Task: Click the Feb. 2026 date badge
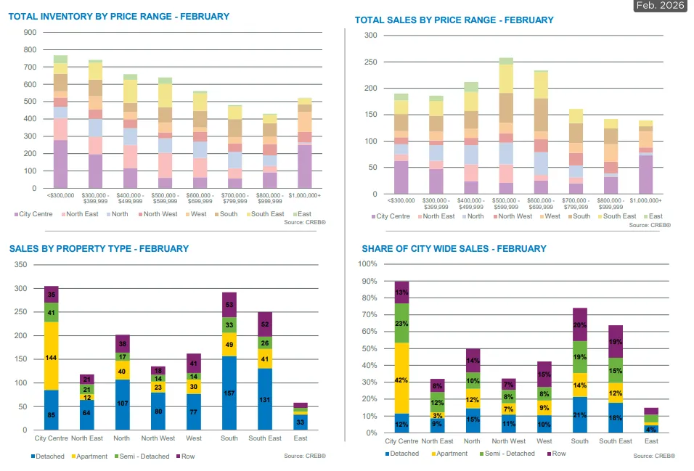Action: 659,6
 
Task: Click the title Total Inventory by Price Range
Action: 119,17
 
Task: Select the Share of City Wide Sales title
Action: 454,249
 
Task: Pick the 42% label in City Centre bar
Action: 401,379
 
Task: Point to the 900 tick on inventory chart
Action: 30,33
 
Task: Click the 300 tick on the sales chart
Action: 371,36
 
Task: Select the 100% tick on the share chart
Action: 368,263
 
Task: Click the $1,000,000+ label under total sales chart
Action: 646,200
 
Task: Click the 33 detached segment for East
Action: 301,422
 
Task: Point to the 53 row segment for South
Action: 229,305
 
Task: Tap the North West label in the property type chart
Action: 158,438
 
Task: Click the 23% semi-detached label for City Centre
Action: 401,323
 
